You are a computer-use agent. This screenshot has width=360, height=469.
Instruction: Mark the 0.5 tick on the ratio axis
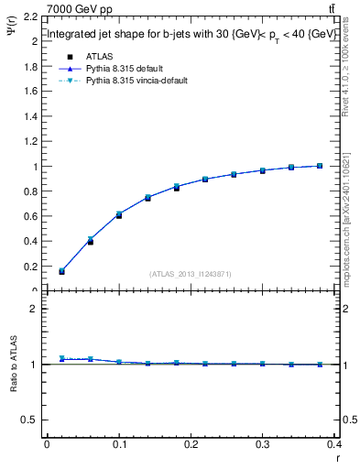tap(32, 420)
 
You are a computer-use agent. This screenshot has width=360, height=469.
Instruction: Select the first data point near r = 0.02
tap(61, 271)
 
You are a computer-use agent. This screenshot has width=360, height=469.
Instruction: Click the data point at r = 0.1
tap(119, 214)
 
